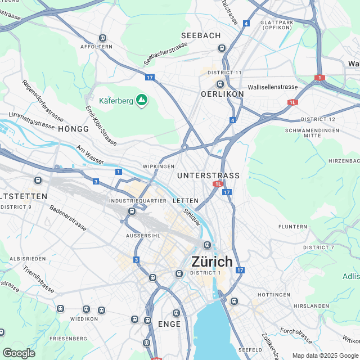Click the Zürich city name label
(x=212, y=262)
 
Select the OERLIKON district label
(x=222, y=94)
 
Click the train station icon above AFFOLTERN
(x=102, y=38)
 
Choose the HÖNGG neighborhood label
(x=73, y=129)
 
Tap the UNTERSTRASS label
(x=208, y=176)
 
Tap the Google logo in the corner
(x=19, y=353)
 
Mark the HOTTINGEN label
(x=273, y=295)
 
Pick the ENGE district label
(x=169, y=324)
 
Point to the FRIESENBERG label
(x=67, y=339)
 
